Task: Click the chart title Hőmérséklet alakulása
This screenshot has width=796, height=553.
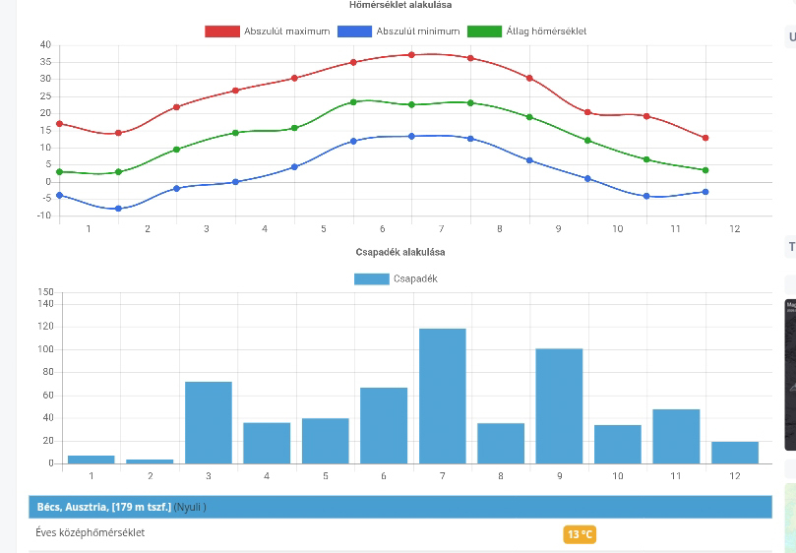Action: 398,5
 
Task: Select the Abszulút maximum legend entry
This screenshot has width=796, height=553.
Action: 267,31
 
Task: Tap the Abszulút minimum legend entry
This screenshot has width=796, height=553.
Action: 398,31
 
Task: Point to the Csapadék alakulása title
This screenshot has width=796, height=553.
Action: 398,252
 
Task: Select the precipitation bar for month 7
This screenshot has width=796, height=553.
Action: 443,396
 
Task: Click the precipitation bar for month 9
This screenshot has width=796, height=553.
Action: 559,405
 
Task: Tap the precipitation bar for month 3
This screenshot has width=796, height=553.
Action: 209,422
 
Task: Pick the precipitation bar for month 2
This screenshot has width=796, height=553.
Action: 150,461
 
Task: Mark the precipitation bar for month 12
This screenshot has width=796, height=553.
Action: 735,453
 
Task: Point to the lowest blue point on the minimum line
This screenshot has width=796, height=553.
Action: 118,209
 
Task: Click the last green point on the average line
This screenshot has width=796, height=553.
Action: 705,170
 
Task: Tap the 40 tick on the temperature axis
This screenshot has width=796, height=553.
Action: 44,45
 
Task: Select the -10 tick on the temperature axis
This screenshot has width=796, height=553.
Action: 42,215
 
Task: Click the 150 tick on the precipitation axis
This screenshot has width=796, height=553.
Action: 45,292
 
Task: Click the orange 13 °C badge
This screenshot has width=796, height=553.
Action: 580,534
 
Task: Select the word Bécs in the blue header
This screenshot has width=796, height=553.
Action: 47,507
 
